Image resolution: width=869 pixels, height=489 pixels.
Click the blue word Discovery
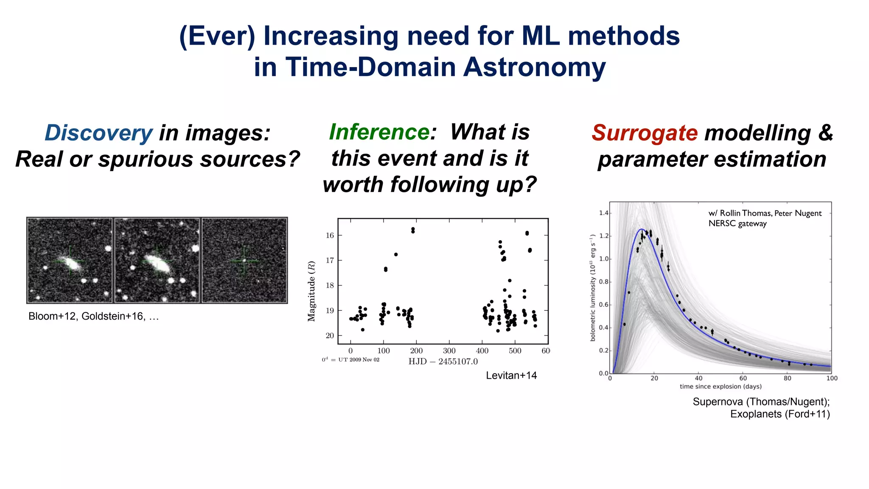98,133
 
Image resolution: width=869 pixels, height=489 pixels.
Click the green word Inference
379,132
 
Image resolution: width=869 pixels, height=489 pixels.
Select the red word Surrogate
645,133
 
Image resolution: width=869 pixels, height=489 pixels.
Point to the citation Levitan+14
511,375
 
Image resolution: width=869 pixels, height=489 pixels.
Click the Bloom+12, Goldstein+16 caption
93,316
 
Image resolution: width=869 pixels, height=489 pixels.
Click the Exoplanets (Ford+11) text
779,414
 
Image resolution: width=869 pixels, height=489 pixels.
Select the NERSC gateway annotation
737,224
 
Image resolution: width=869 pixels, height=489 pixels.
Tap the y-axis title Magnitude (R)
312,291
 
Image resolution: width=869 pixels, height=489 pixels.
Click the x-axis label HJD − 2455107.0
443,362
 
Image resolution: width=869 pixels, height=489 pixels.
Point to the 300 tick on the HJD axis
449,351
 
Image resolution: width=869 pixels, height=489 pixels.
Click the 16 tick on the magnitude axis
330,236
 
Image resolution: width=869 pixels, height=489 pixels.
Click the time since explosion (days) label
720,386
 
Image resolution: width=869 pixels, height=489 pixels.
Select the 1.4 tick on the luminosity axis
603,213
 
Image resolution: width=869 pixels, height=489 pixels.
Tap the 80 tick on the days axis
787,378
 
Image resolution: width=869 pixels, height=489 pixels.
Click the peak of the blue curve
641,230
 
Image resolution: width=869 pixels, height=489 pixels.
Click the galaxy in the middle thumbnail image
157,263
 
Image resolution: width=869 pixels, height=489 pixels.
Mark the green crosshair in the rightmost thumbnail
244,261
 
